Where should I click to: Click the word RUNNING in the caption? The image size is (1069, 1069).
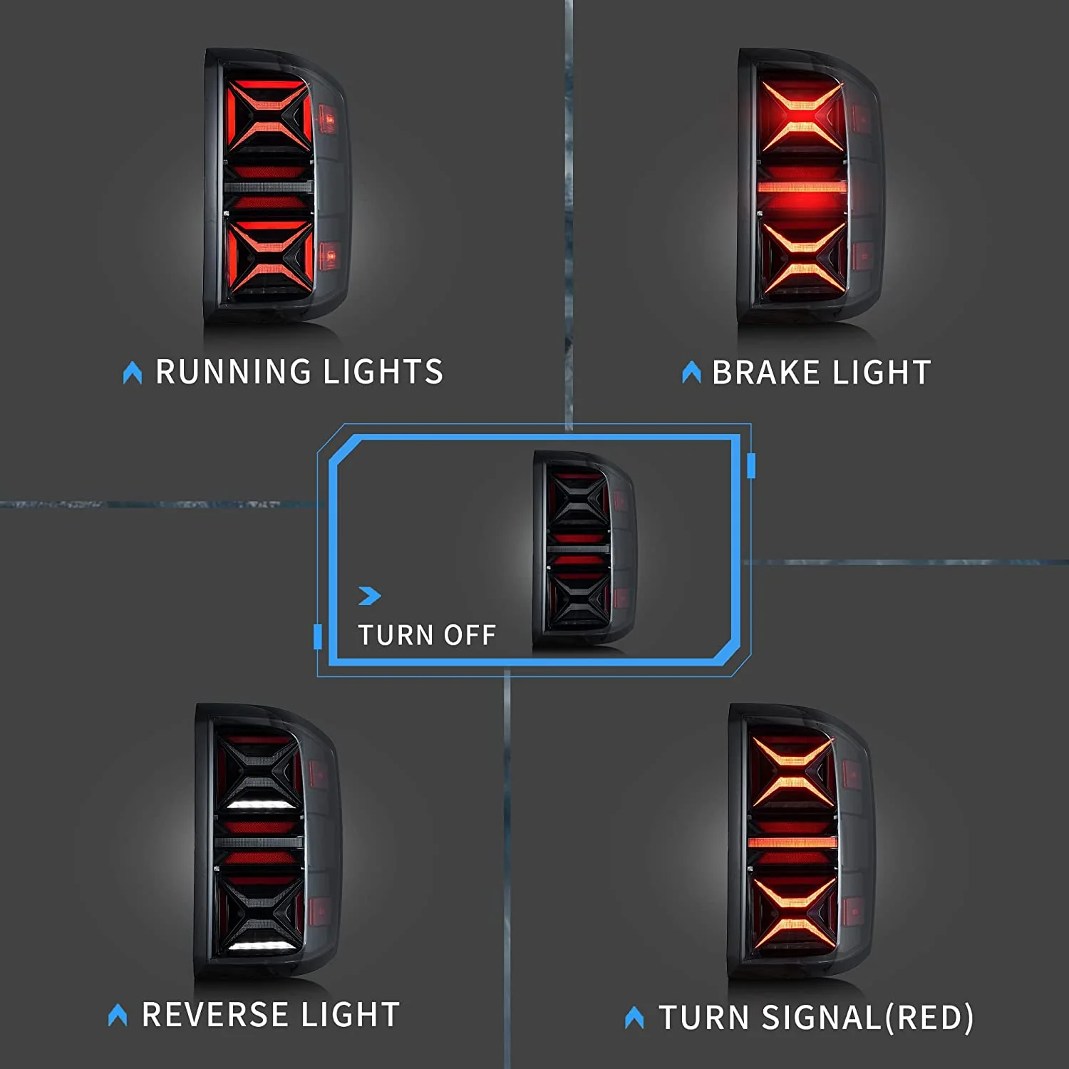pyautogui.click(x=233, y=372)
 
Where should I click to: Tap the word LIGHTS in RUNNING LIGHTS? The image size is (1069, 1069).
pyautogui.click(x=383, y=372)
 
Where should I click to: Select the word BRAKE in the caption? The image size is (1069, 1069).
pyautogui.click(x=766, y=373)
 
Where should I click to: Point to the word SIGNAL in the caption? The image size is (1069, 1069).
pyautogui.click(x=822, y=1017)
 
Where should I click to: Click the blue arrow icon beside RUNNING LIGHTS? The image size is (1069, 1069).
pyautogui.click(x=133, y=373)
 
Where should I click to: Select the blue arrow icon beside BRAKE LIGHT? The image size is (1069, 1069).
pyautogui.click(x=691, y=372)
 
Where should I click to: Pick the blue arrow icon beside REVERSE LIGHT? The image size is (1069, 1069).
pyautogui.click(x=118, y=1015)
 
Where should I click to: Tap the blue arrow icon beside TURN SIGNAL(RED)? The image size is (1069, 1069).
pyautogui.click(x=634, y=1017)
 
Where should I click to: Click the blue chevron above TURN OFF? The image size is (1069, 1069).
pyautogui.click(x=370, y=595)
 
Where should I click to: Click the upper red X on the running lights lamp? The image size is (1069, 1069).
pyautogui.click(x=269, y=114)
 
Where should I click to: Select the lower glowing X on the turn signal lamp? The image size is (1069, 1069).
pyautogui.click(x=792, y=912)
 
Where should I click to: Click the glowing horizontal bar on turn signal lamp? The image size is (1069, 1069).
pyautogui.click(x=792, y=842)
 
